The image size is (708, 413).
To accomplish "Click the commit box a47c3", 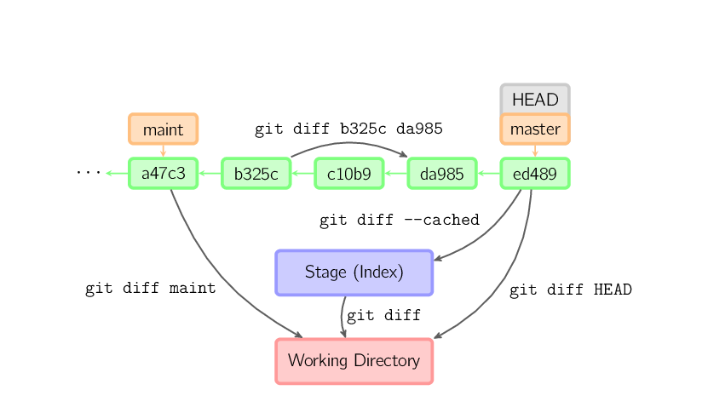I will click(x=163, y=174).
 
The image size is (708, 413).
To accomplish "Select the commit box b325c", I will click(x=256, y=174).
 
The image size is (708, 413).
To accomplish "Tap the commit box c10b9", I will click(x=348, y=174).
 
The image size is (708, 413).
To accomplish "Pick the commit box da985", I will click(x=441, y=174).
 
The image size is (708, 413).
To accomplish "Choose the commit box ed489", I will click(x=534, y=174).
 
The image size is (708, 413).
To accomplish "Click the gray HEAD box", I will click(x=534, y=99).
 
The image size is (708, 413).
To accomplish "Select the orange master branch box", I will click(x=534, y=129).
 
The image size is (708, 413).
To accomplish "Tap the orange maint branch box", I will click(x=163, y=129).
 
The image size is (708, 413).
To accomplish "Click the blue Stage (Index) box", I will click(x=354, y=272).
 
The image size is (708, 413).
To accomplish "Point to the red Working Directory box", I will click(x=354, y=360).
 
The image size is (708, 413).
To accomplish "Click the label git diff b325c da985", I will click(x=348, y=129).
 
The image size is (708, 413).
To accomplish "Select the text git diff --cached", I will click(x=399, y=220).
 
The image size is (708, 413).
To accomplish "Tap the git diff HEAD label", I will click(x=570, y=290).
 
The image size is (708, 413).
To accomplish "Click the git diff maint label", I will click(x=150, y=288).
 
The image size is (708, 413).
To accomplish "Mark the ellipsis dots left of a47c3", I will click(x=88, y=173).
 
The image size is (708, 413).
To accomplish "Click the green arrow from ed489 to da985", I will click(x=487, y=174).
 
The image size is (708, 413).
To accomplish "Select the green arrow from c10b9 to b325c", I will click(x=302, y=174).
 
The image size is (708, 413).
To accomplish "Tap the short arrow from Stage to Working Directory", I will click(x=342, y=318).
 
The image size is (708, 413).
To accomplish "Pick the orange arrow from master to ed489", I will click(x=534, y=151).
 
